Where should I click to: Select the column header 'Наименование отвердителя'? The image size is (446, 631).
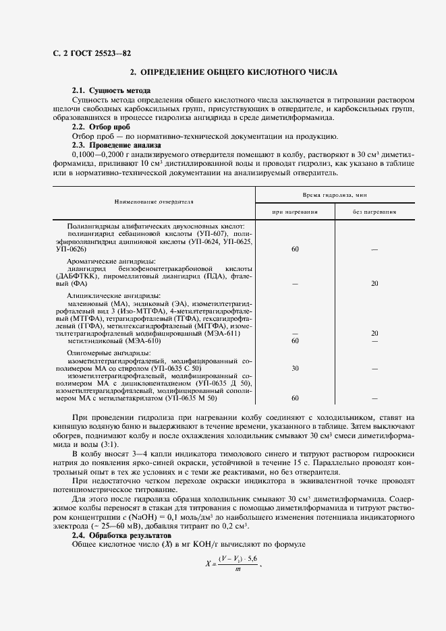[x=154, y=201]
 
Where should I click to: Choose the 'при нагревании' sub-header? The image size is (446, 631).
[x=295, y=211]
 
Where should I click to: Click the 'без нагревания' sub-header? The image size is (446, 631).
[x=374, y=211]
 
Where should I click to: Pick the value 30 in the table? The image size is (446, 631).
[x=295, y=368]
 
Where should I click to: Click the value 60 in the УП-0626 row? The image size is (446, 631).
[x=295, y=249]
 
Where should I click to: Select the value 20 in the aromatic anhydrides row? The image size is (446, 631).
[x=374, y=283]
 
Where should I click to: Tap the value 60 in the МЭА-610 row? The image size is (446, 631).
[x=295, y=341]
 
